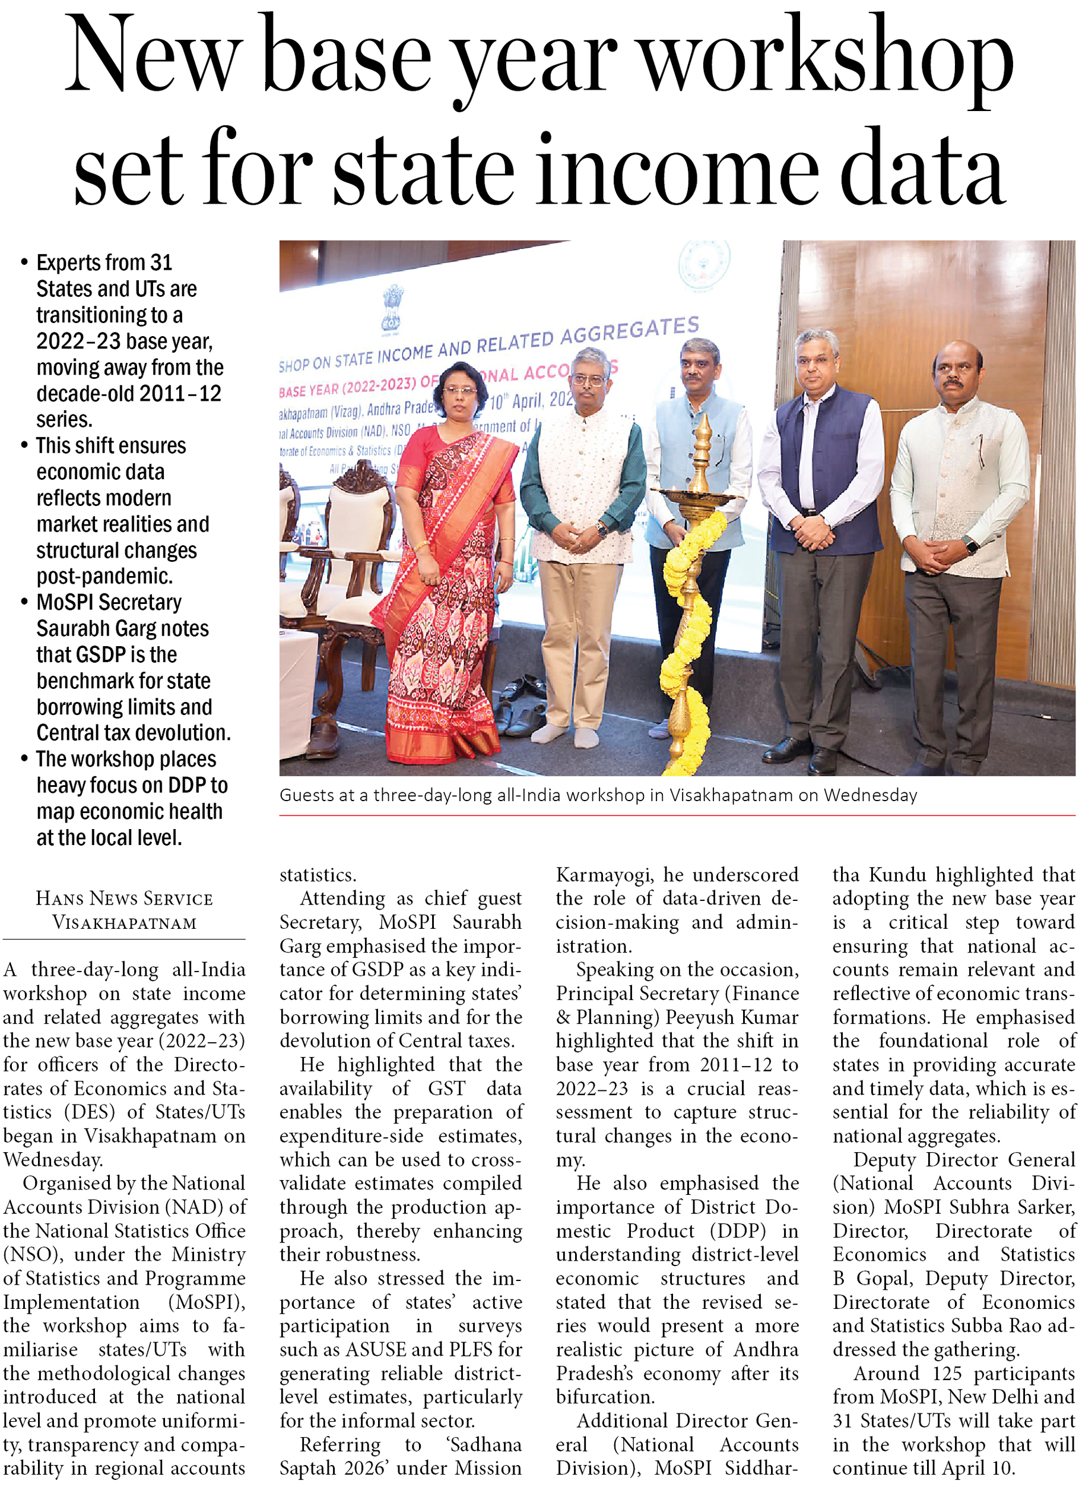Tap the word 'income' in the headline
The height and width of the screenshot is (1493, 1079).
click(678, 168)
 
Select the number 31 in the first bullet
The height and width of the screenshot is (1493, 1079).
click(161, 262)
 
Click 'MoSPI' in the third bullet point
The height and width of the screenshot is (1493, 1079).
click(64, 602)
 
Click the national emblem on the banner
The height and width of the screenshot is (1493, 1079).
click(393, 306)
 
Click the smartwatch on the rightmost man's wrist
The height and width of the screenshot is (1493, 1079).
click(970, 545)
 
